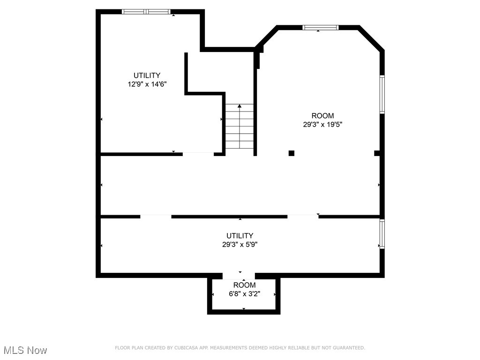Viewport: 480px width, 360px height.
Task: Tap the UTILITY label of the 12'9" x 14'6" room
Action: [147, 75]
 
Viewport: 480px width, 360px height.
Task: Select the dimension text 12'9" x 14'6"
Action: [147, 84]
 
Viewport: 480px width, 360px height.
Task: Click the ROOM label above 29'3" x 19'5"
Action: [323, 116]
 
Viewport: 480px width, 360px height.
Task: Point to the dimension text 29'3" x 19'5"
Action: [323, 125]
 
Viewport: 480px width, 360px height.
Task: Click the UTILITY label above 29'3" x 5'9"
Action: [240, 236]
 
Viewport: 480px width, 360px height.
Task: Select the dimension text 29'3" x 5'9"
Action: [240, 245]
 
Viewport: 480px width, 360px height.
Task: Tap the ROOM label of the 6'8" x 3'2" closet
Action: [244, 285]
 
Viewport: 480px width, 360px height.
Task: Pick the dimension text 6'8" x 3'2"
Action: [244, 294]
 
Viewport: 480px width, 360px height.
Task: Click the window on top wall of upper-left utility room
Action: [147, 12]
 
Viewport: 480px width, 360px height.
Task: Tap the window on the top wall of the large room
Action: [321, 28]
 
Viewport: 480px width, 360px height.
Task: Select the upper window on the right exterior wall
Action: [382, 94]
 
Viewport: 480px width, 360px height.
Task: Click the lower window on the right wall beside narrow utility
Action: [382, 234]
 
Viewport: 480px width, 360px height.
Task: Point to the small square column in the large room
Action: [291, 153]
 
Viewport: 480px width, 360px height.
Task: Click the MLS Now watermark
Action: [25, 350]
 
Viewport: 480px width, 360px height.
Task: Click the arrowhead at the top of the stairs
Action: [240, 106]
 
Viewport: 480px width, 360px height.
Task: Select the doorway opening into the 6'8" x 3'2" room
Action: [239, 275]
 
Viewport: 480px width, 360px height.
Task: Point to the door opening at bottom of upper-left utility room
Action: [198, 153]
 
